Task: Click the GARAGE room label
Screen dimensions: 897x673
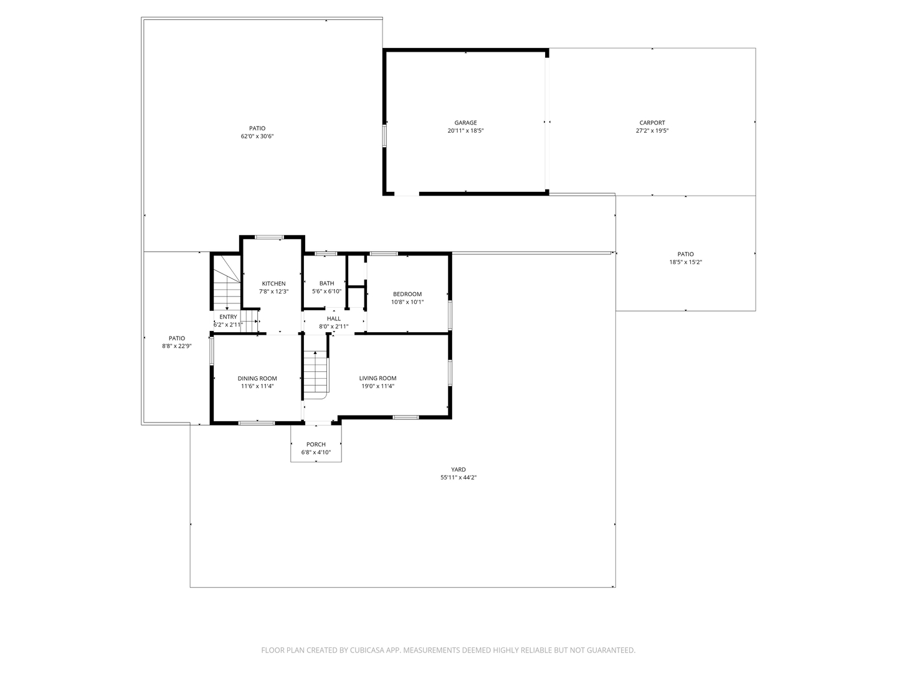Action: point(465,123)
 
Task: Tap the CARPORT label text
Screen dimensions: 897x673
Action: point(652,123)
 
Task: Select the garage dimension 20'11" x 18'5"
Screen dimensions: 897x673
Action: point(465,131)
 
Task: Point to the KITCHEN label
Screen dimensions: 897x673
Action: point(274,284)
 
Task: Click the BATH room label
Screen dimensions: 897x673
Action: point(326,283)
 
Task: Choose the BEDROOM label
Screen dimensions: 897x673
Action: point(407,294)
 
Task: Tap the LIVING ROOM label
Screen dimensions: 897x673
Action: point(377,378)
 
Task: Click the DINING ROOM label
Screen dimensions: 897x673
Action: point(257,378)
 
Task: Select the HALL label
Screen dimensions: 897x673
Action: point(333,318)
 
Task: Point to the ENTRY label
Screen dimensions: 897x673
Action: point(228,317)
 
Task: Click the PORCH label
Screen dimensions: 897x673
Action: point(316,444)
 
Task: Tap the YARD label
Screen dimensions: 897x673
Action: point(458,469)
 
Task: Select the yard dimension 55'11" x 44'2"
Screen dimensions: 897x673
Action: point(458,477)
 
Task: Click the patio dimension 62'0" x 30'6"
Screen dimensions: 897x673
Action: point(257,136)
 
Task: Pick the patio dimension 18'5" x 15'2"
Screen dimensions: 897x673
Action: point(685,262)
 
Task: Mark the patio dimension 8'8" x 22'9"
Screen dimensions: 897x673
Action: point(176,346)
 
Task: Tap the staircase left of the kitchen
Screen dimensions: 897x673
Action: point(227,283)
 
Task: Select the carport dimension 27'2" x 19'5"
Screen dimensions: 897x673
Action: point(652,131)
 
